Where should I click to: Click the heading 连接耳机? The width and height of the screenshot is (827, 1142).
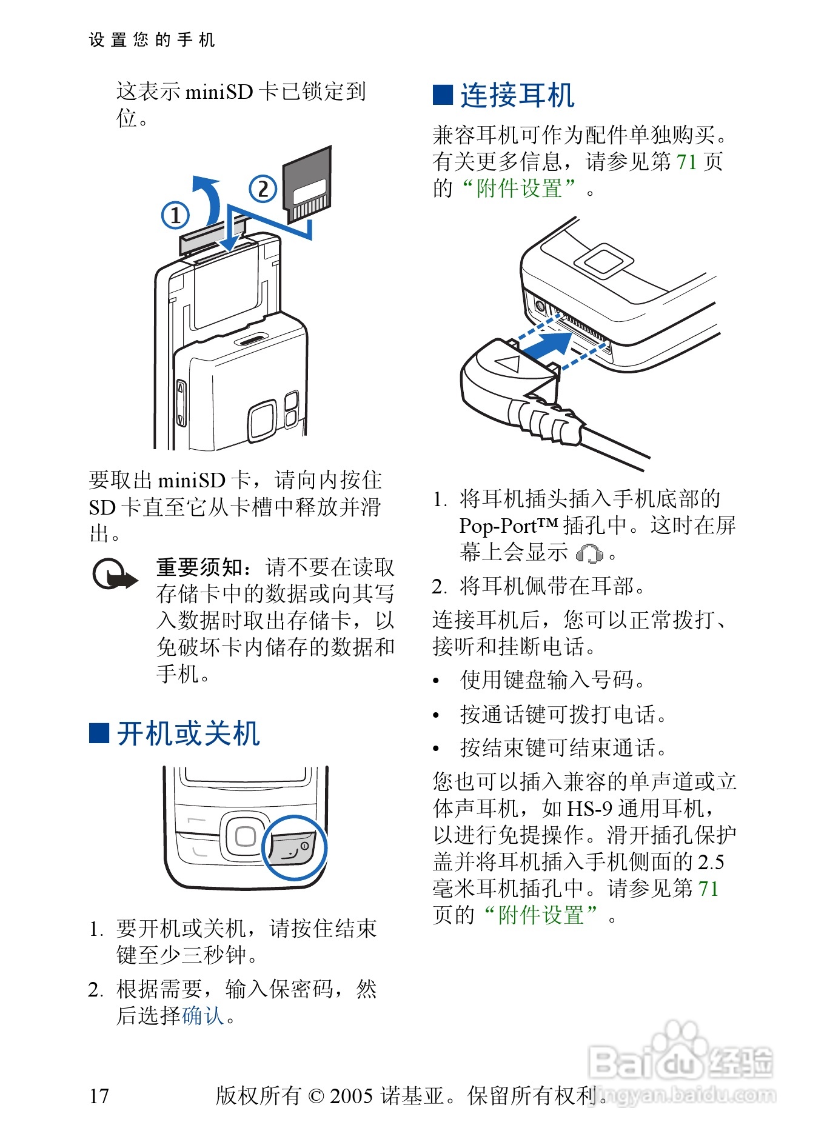tap(517, 96)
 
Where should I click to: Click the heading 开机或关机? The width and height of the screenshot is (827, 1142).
tap(189, 733)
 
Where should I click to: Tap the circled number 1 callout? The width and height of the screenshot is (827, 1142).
tap(175, 215)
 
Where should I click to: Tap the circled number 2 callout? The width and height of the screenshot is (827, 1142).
tap(263, 189)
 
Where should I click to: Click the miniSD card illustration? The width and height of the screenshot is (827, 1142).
tap(308, 185)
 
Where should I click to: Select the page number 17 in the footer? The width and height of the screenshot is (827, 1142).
tap(99, 1095)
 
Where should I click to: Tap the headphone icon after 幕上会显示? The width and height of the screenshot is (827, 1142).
tap(589, 553)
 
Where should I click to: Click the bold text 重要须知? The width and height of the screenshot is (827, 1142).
tap(199, 567)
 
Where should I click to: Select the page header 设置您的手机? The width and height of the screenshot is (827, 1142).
tap(152, 40)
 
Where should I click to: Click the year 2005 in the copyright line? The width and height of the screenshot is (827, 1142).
tap(351, 1095)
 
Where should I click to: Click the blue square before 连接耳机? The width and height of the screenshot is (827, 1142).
tap(443, 95)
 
